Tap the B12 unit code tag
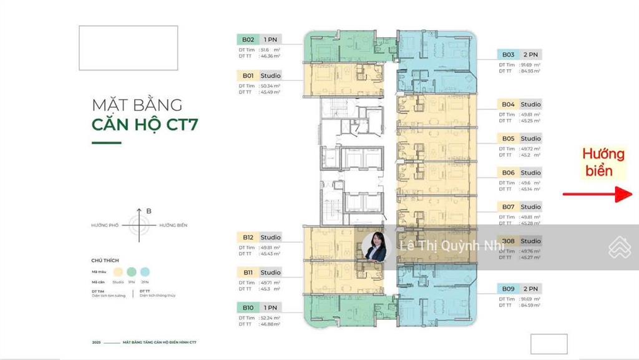pos(248,237)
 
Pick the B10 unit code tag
pos(248,308)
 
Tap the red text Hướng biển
pos(603,162)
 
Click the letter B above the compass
pos(149,212)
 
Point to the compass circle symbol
pos(138,225)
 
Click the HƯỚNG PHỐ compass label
pos(105,225)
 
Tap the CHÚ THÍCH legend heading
pos(105,260)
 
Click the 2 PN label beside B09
pos(530,288)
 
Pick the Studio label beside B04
pos(530,104)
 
